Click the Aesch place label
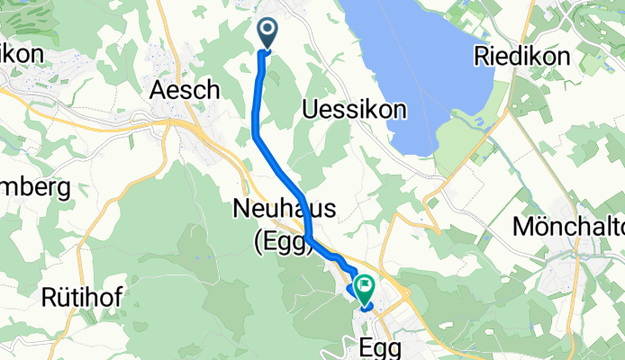186,90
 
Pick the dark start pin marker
268,32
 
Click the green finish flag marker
366,289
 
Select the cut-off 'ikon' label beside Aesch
20,55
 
